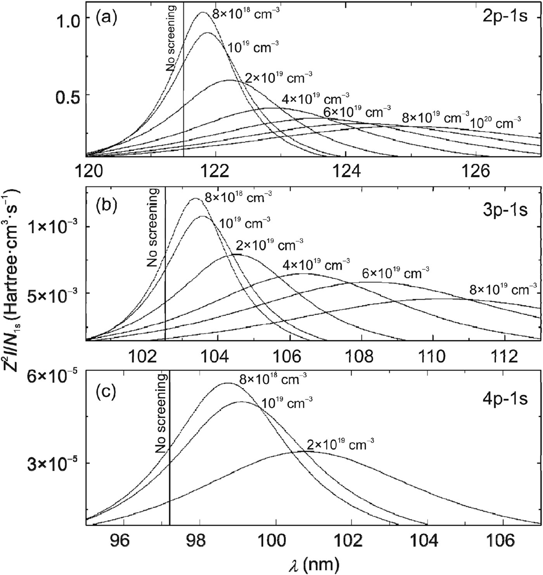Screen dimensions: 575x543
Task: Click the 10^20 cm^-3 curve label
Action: tap(496, 123)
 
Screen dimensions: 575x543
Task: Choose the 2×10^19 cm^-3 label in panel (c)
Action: tap(341, 445)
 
